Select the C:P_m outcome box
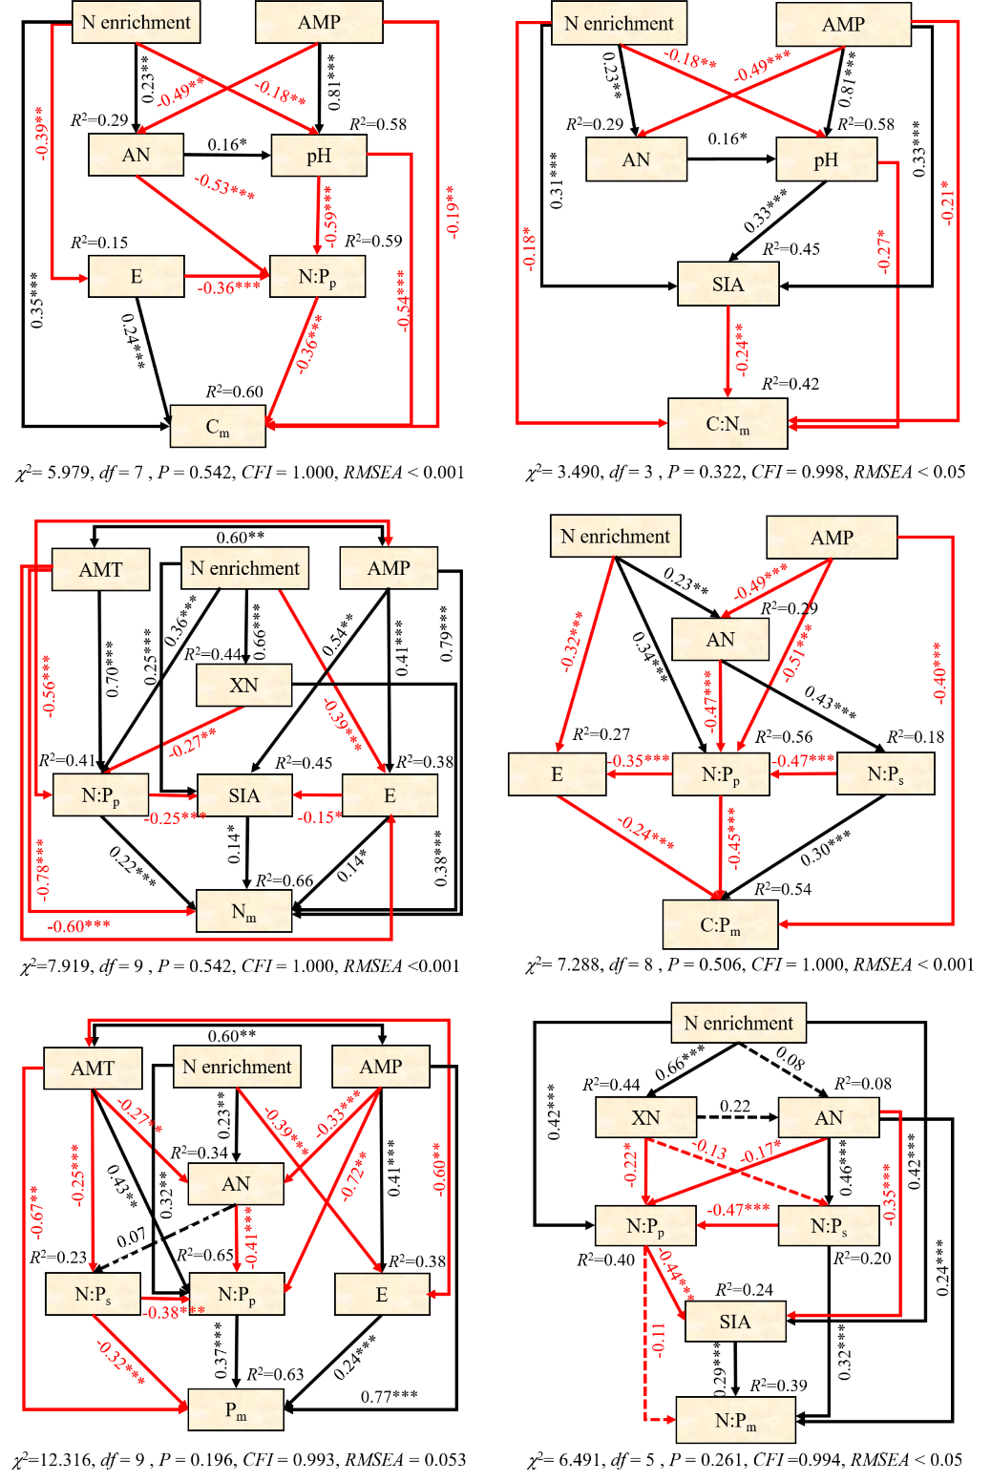pos(720,924)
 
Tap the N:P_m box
pos(735,1421)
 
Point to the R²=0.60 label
pos(234,392)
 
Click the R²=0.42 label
pos(790,384)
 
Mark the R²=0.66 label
pos(284,880)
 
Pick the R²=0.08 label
pos(862,1084)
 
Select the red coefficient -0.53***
pos(224,186)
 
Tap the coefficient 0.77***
pos(389,1397)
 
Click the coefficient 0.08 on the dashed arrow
pos(791,1058)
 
